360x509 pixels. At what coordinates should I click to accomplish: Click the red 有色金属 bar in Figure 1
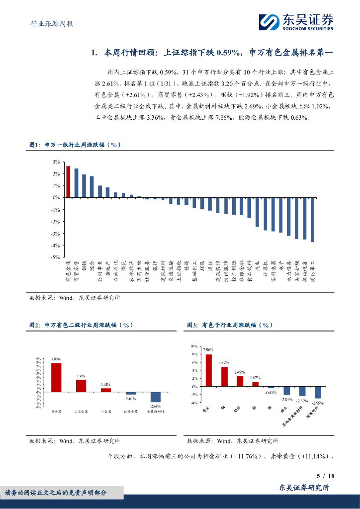click(68, 182)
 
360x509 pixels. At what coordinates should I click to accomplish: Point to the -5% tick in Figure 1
click(56, 257)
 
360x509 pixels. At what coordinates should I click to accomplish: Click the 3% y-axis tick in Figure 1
click(56, 162)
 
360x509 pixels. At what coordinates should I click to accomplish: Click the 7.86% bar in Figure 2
click(56, 377)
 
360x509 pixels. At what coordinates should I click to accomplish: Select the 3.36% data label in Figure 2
click(81, 376)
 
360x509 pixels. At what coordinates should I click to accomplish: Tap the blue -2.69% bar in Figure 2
click(156, 397)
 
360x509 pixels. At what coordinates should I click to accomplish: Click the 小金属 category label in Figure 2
click(106, 412)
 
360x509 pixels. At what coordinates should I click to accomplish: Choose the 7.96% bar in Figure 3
click(209, 370)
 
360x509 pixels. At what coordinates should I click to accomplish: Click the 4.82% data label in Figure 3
click(224, 362)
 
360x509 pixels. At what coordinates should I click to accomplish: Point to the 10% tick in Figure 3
click(193, 345)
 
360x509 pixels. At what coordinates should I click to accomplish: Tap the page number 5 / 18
click(325, 476)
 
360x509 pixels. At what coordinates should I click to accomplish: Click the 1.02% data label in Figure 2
click(106, 384)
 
